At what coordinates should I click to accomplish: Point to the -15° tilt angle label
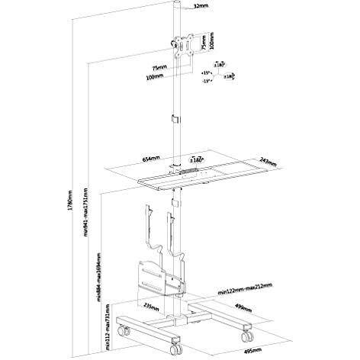click(206, 85)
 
